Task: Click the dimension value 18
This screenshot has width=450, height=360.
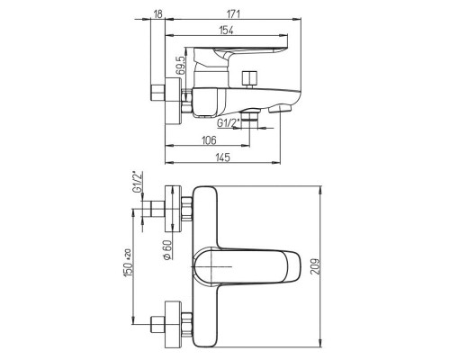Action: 157,13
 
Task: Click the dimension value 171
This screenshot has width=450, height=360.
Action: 233,13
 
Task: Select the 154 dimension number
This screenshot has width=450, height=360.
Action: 227,31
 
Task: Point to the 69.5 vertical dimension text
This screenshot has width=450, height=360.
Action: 180,66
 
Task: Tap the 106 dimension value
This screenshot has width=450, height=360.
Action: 209,140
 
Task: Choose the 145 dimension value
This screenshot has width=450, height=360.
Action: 222,157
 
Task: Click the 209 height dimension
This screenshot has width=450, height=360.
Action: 315,266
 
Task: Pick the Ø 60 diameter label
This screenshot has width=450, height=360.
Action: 167,250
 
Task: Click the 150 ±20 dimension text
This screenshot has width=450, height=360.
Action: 128,263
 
